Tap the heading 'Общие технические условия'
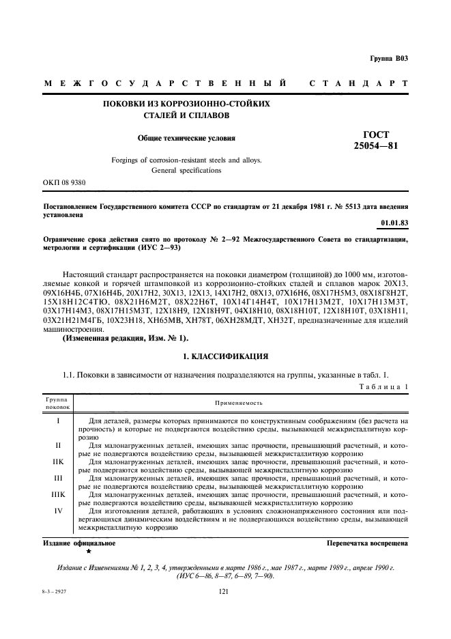coord(186,138)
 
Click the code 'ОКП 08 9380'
coord(64,183)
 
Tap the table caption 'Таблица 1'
coord(383,387)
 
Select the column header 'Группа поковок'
coord(58,403)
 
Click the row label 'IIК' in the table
coord(58,462)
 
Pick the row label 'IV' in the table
coord(58,511)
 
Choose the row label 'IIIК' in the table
coord(58,494)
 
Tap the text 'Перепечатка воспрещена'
coord(368,544)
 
